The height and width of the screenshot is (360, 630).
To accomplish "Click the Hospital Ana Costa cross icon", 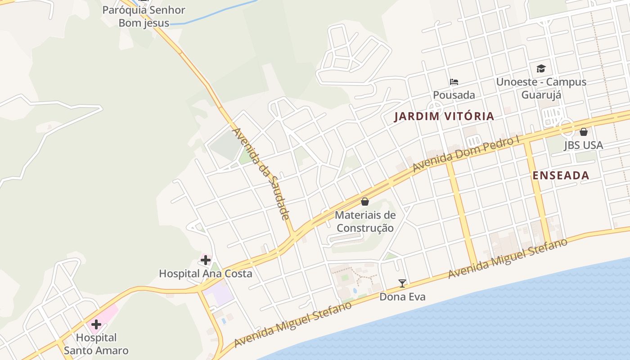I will [206, 260].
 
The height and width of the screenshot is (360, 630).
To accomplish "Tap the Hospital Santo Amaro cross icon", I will [96, 324].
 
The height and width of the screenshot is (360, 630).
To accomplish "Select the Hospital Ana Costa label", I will [206, 274].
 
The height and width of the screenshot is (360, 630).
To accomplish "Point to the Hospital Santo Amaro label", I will [96, 344].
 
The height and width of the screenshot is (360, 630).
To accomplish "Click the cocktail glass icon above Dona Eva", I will [402, 283].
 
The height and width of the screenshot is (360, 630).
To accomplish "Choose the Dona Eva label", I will [402, 297].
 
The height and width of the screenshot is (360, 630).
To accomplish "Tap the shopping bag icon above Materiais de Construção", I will [365, 202].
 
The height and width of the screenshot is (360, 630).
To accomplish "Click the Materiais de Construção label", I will [365, 221].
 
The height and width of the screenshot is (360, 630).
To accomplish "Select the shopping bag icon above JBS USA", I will [584, 132].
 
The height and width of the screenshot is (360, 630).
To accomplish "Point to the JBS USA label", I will [584, 146].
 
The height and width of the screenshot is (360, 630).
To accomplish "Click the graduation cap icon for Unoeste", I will [541, 68].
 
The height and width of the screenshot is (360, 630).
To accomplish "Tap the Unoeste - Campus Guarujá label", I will [541, 88].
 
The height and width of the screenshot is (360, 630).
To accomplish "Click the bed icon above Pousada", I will [454, 82].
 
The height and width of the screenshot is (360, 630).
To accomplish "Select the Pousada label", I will [454, 95].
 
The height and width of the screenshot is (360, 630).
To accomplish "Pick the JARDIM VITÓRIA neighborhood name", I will [444, 117].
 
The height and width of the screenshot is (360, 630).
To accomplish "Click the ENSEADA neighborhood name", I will [561, 176].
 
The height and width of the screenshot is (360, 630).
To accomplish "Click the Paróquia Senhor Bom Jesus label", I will [144, 16].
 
